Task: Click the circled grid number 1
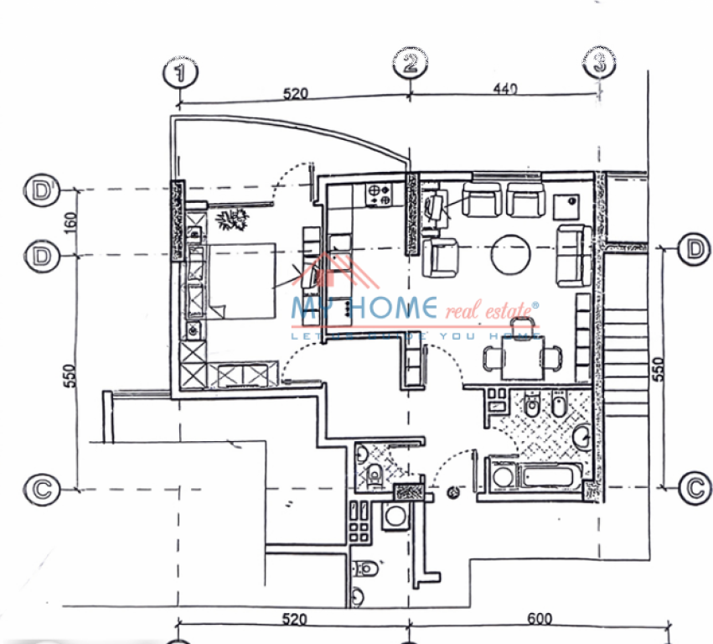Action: pos(181,71)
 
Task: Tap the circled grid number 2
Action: pos(411,62)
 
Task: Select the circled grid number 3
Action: pos(599,62)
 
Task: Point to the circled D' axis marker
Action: pos(39,190)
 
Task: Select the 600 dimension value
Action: pos(540,619)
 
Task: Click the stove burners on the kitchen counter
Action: pos(379,195)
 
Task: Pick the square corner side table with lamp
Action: pos(571,201)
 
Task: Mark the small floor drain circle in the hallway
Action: pos(454,493)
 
